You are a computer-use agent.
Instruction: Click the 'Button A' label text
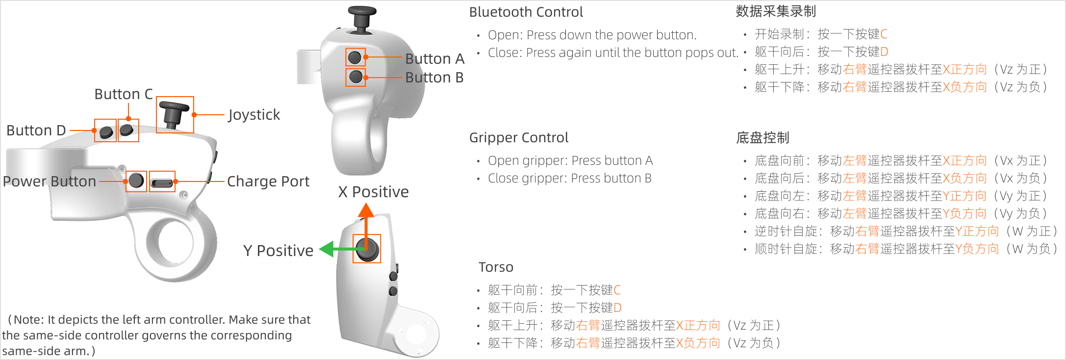434,59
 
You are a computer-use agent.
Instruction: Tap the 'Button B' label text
434,77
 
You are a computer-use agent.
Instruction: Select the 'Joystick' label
254,115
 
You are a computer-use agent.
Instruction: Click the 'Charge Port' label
268,181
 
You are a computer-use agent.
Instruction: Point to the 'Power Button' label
50,181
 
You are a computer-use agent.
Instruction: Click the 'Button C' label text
124,94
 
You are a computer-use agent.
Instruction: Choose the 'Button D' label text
36,130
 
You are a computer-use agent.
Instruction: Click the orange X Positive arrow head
366,210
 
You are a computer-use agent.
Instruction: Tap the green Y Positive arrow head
327,249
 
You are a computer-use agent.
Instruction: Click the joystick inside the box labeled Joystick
174,114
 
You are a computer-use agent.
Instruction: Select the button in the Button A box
355,57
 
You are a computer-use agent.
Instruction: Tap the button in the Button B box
355,77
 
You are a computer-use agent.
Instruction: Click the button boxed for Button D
106,131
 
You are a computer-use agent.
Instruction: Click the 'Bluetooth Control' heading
526,12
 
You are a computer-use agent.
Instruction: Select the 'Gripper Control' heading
519,138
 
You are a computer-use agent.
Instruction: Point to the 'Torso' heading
496,267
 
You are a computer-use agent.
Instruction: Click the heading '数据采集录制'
776,11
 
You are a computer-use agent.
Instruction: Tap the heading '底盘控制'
762,138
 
